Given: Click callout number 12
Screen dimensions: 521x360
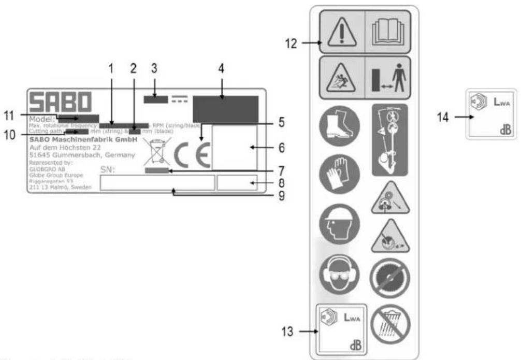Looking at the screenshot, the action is point(291,44).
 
